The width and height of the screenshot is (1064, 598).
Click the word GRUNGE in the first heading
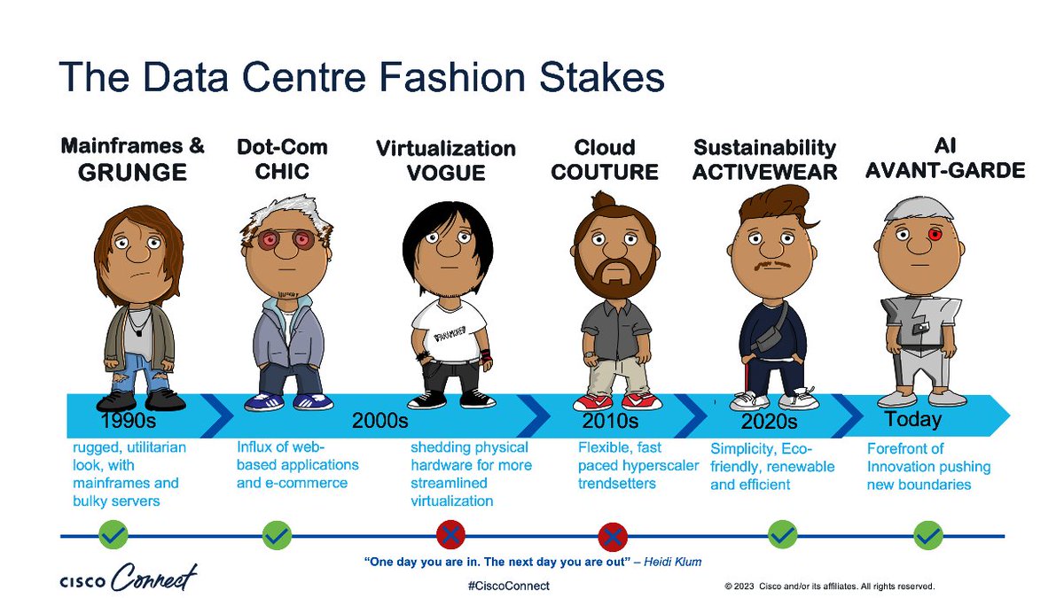pyautogui.click(x=132, y=172)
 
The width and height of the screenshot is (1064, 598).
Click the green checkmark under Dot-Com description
pyautogui.click(x=277, y=535)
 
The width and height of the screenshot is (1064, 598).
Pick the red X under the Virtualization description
pyautogui.click(x=450, y=535)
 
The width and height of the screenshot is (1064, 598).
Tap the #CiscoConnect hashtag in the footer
pyautogui.click(x=507, y=586)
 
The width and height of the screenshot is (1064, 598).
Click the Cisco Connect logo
pyautogui.click(x=129, y=579)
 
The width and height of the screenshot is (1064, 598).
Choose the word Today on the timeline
pyautogui.click(x=912, y=419)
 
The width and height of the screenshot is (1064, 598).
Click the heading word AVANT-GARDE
pyautogui.click(x=944, y=170)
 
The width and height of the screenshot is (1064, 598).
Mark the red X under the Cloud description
pyautogui.click(x=613, y=535)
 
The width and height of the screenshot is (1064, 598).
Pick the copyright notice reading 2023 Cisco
pyautogui.click(x=829, y=586)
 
